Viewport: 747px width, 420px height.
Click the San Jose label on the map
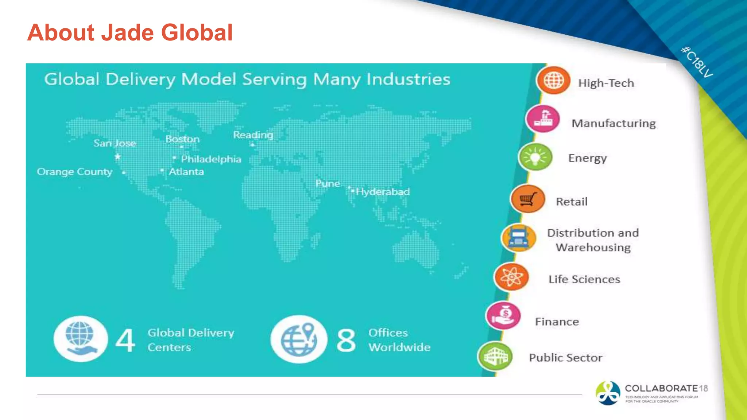[x=115, y=143]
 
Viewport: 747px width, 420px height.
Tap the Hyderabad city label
[x=383, y=192]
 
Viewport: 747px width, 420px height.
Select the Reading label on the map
[x=253, y=135]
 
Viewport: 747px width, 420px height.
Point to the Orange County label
[x=75, y=172]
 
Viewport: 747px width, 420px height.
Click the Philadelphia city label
[x=211, y=159]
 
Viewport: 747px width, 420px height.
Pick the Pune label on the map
[x=328, y=183]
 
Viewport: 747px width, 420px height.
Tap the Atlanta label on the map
[x=186, y=172]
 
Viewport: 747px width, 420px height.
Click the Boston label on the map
[x=182, y=139]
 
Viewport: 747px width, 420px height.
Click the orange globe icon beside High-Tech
[x=553, y=81]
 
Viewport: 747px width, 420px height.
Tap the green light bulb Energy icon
[x=535, y=157]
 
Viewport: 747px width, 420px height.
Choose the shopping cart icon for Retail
[x=527, y=199]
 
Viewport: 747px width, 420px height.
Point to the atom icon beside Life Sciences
[x=511, y=277]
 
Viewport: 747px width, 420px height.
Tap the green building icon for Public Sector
[x=495, y=356]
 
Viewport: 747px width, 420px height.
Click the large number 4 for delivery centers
[x=125, y=340]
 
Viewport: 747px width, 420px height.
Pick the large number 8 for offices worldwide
[x=346, y=341]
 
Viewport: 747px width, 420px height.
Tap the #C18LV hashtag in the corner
[x=697, y=62]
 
